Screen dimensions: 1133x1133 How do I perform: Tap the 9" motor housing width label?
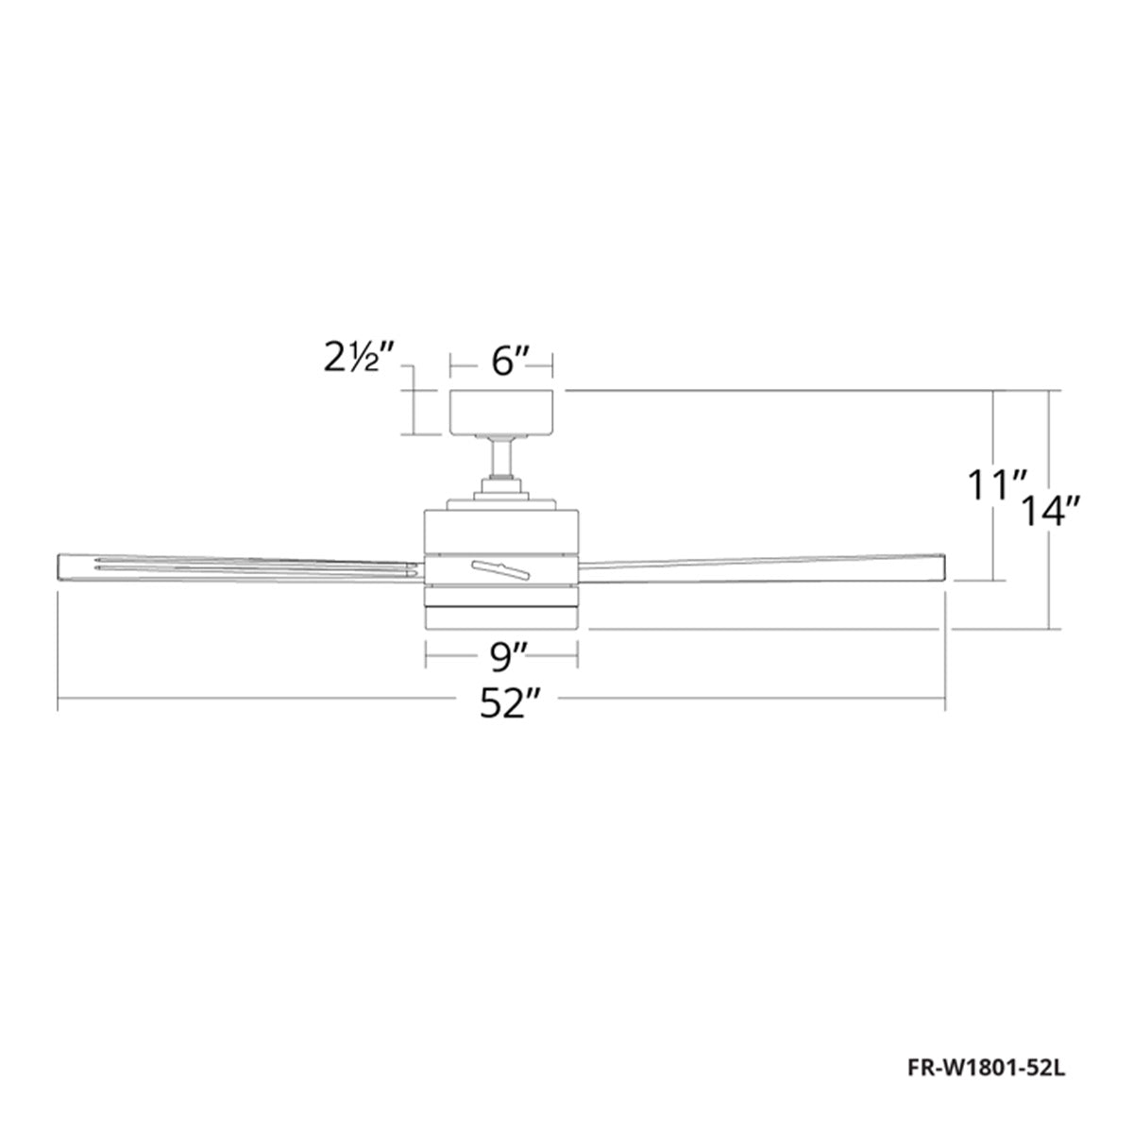[501, 651]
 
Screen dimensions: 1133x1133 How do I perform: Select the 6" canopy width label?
[501, 362]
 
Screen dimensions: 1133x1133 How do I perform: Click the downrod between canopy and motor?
[501, 458]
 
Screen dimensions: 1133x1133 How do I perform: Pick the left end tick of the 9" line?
[427, 651]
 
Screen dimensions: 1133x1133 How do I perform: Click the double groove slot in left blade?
[255, 568]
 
